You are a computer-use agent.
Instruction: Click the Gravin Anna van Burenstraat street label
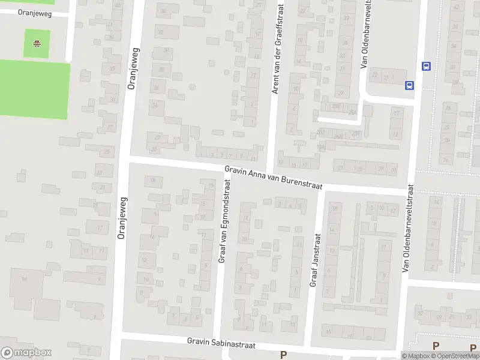pyautogui.click(x=274, y=178)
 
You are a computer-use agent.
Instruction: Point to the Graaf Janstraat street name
pyautogui.click(x=314, y=259)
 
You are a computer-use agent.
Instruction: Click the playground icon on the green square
pyautogui.click(x=37, y=43)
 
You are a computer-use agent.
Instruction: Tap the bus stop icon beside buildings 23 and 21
pyautogui.click(x=410, y=85)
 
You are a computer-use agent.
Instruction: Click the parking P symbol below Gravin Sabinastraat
pyautogui.click(x=283, y=355)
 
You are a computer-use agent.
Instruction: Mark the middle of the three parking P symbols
pyautogui.click(x=436, y=346)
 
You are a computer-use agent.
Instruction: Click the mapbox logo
pyautogui.click(x=26, y=353)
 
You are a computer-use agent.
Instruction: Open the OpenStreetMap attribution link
pyautogui.click(x=454, y=356)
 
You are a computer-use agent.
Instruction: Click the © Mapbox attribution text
pyautogui.click(x=414, y=356)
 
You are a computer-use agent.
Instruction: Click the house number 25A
pyautogui.click(x=352, y=112)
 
